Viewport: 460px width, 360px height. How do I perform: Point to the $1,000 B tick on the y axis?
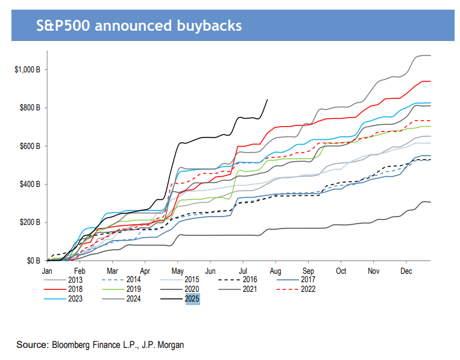27,69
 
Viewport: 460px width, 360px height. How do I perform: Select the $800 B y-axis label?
30,108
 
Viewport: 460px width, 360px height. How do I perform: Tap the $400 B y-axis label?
30,185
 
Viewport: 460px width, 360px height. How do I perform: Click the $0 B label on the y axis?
34,261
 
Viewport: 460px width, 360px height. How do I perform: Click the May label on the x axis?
177,271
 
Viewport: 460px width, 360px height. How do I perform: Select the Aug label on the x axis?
276,271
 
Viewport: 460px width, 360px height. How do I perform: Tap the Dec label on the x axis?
405,271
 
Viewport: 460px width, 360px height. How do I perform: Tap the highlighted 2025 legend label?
192,298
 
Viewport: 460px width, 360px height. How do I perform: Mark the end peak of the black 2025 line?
267,99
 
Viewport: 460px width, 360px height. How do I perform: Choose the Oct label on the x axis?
341,271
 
